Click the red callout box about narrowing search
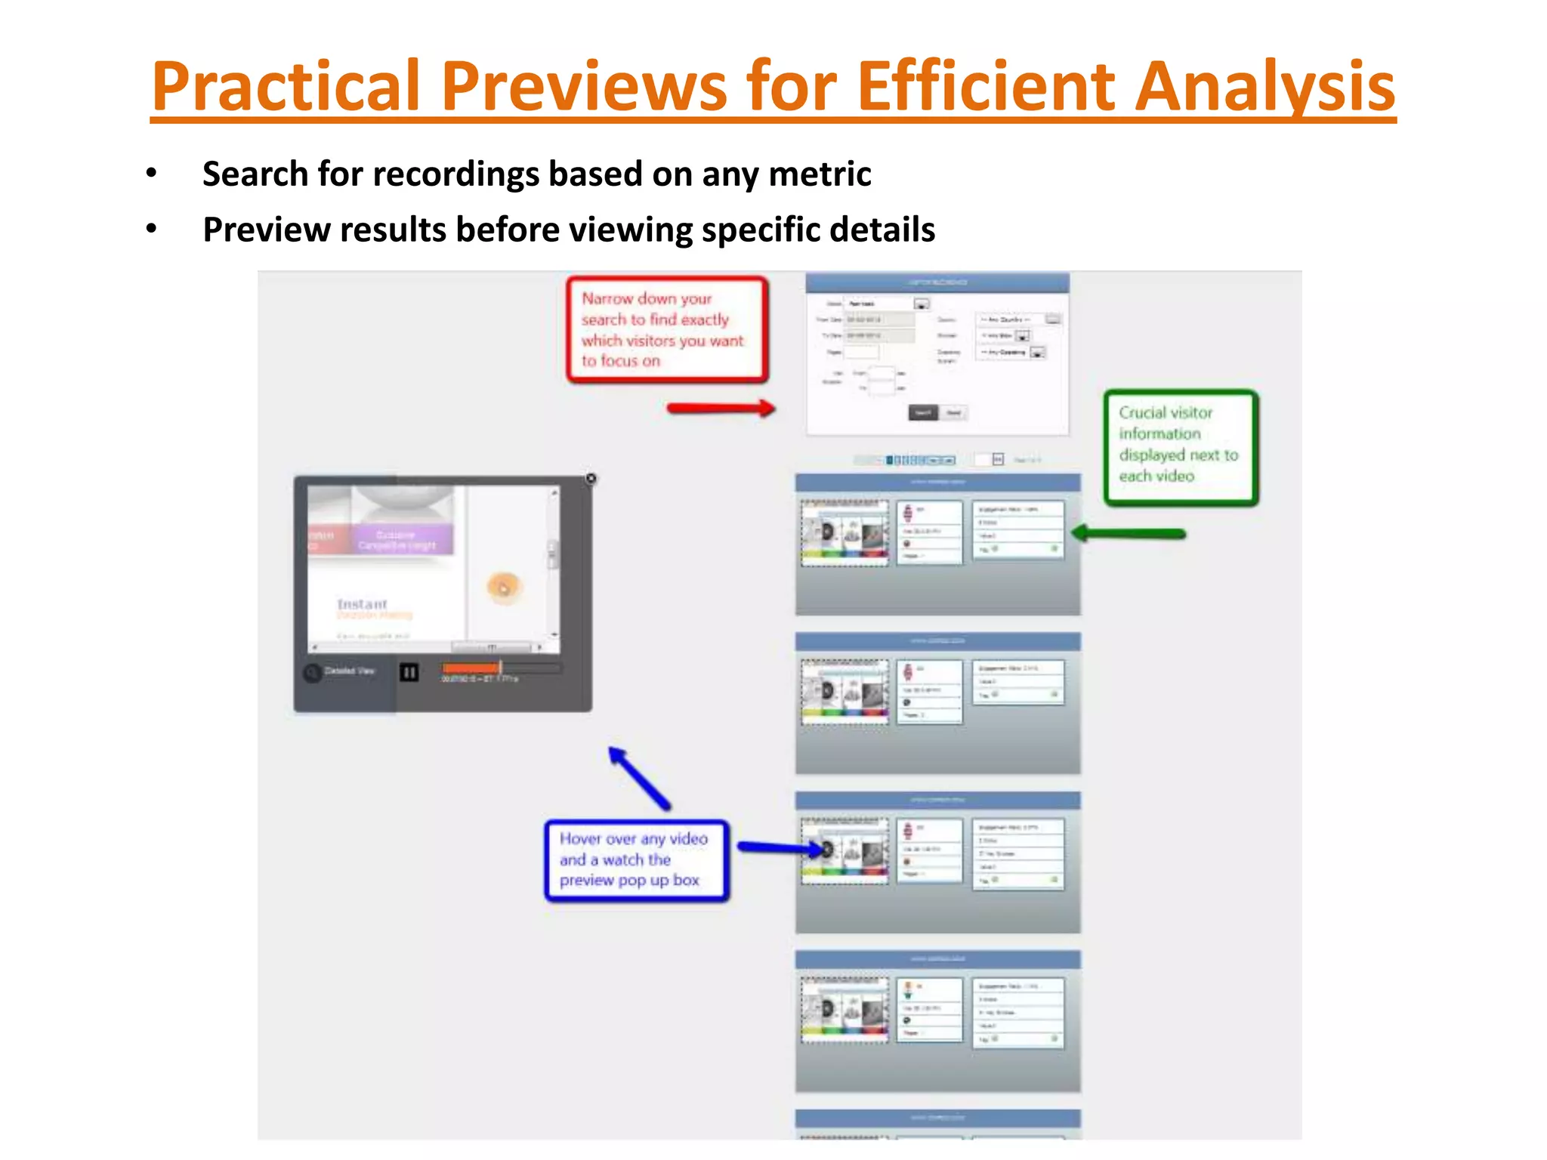tap(666, 330)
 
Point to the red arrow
tap(721, 409)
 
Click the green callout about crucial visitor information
tap(1180, 446)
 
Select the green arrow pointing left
tap(1129, 533)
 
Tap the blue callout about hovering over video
tap(636, 860)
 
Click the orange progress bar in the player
tap(471, 668)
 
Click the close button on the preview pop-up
tap(591, 479)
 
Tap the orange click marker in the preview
tap(503, 587)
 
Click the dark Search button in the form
tap(922, 412)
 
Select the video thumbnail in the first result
tap(845, 532)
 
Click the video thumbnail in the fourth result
tap(845, 1009)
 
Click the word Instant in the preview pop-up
tap(362, 604)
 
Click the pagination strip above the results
tap(920, 460)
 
